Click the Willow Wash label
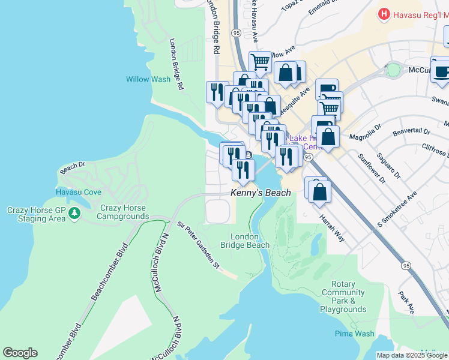point(148,79)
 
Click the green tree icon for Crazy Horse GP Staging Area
point(74,213)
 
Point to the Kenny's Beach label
point(261,193)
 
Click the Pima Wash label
point(355,334)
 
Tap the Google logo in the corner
point(20,353)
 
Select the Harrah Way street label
point(331,227)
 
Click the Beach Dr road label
point(73,165)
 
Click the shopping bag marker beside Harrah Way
point(321,191)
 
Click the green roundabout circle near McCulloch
point(393,70)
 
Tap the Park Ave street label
point(407,303)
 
